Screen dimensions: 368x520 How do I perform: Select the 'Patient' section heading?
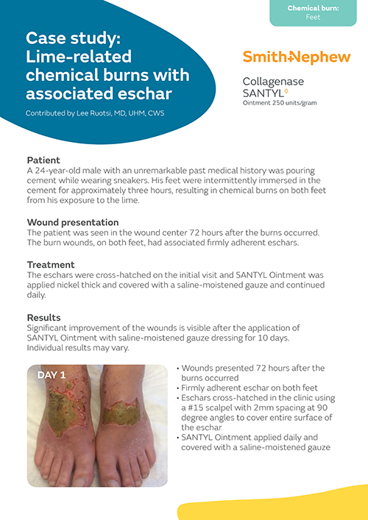43,160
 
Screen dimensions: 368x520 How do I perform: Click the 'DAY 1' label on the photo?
52,374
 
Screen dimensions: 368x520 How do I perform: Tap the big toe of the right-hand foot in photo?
111,471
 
